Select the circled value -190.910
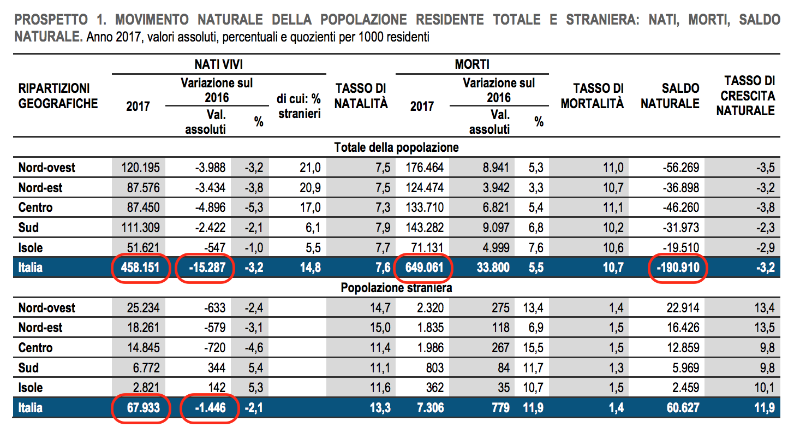pos(677,268)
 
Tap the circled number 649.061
pos(423,268)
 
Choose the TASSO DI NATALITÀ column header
pos(361,96)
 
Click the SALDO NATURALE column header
pos(670,96)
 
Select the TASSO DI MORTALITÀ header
pos(592,96)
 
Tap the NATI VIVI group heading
pos(219,64)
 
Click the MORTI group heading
pos(472,64)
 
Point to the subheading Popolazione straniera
pos(396,287)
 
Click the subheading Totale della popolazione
pos(396,147)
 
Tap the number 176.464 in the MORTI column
pos(423,168)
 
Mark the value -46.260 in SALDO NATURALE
pos(677,208)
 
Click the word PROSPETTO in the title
pos(50,20)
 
